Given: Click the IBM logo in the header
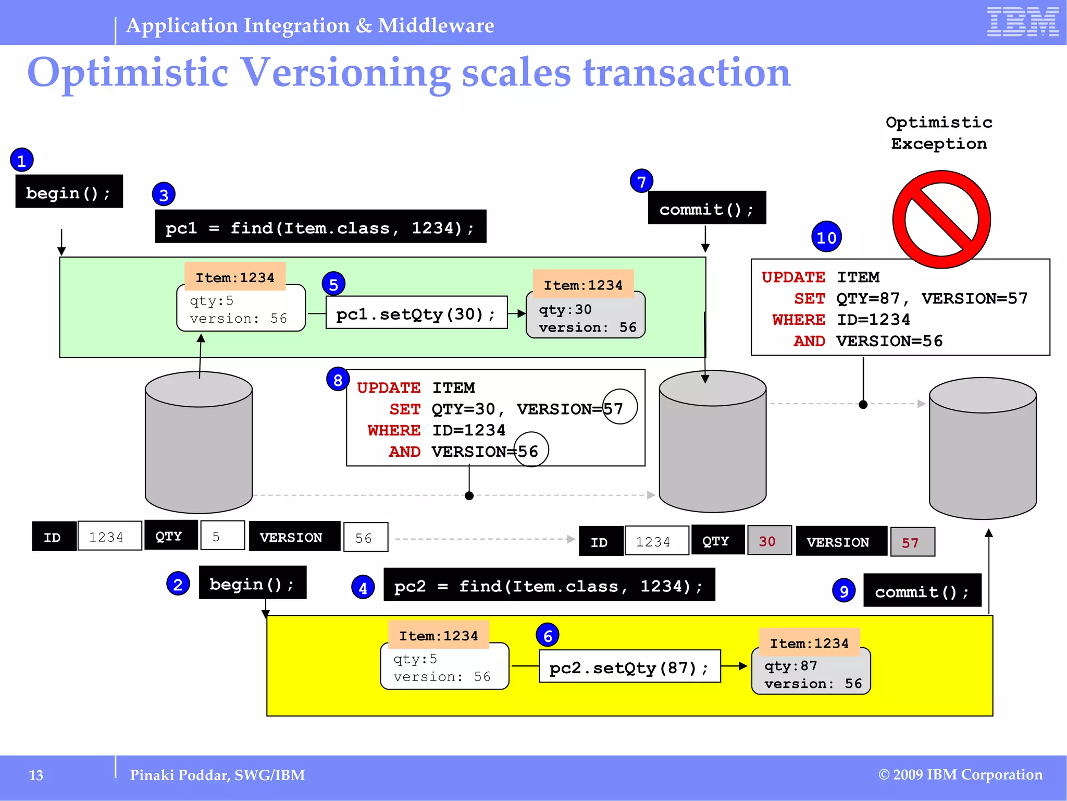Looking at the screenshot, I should coord(1022,22).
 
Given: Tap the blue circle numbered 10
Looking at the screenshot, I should coord(826,237).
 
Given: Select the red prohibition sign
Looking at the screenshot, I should coord(941,219).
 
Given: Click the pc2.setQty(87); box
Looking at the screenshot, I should coord(629,666).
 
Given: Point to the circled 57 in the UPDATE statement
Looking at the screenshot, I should coord(619,407).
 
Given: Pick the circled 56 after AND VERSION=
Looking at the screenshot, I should coord(531,450).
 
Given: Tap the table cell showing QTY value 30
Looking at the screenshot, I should coord(769,541).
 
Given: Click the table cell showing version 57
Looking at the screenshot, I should coord(912,542).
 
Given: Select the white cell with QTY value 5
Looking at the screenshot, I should coord(222,536).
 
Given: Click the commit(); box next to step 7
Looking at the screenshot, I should coord(706,208).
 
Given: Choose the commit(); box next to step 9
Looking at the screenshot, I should coord(922,591).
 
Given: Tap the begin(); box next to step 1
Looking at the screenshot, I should coord(69,192).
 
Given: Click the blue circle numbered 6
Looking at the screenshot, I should coord(547,635).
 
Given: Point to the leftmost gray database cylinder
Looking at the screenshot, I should coord(198,442).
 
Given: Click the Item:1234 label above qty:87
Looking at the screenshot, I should coord(809,643).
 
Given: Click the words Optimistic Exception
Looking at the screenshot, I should coord(939,133).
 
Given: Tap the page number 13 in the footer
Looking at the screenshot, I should coord(36,775).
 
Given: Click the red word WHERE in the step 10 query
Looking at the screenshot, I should coord(798,319).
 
